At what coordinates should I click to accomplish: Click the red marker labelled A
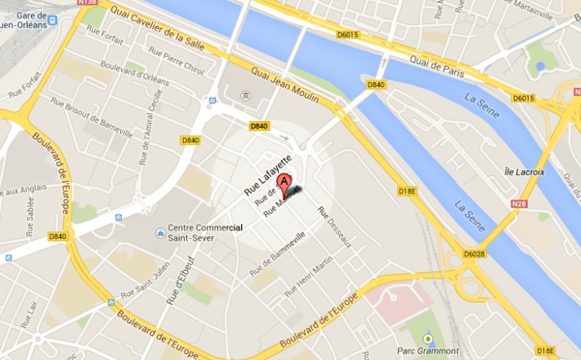point(284,181)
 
